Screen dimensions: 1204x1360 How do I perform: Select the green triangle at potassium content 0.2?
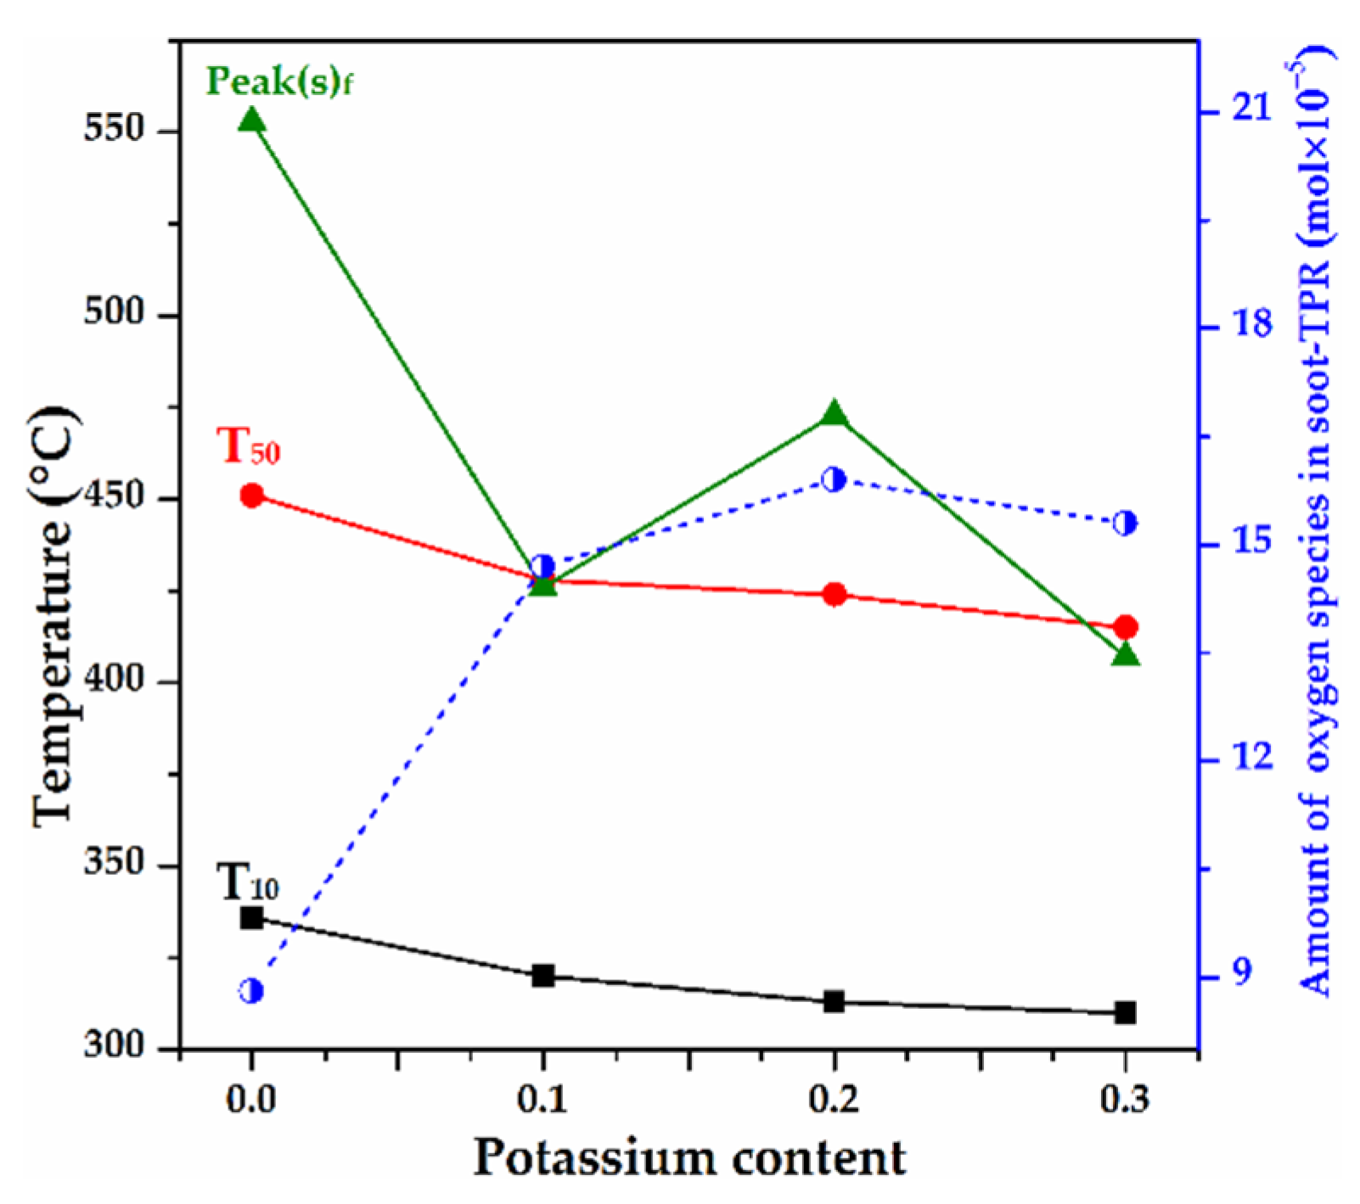point(834,414)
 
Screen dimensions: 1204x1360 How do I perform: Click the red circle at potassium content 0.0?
point(251,496)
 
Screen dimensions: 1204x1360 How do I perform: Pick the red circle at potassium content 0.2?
point(835,594)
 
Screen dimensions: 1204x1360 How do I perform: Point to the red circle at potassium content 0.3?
point(1126,627)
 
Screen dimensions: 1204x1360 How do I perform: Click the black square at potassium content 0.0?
point(251,917)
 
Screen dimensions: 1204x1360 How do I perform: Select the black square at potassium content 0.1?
point(543,975)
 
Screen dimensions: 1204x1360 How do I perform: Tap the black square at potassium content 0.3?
point(1126,1012)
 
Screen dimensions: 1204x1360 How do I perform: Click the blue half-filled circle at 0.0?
point(251,990)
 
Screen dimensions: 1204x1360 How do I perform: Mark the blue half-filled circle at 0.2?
point(834,479)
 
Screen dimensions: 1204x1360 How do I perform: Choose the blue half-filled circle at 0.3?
point(1125,523)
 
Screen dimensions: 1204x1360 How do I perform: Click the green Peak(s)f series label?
point(279,81)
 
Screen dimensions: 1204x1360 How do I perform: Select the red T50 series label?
point(248,446)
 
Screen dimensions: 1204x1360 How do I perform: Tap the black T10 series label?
point(247,882)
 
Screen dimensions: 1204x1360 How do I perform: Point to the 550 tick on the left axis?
point(115,130)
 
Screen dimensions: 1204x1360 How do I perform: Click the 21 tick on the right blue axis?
point(1252,110)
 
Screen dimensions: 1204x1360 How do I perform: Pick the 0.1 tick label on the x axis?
point(542,1099)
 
